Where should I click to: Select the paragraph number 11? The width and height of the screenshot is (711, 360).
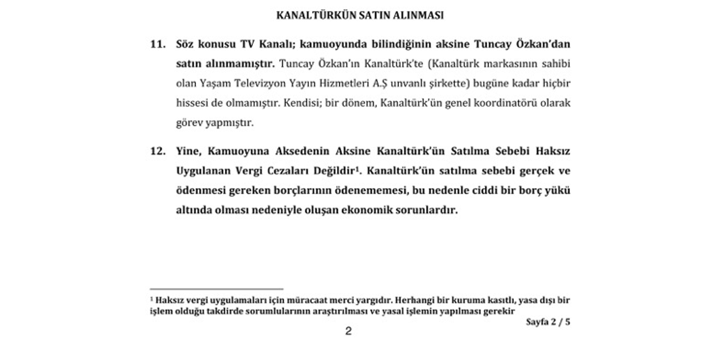click(x=158, y=44)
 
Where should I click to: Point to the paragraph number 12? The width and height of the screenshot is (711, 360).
click(x=158, y=151)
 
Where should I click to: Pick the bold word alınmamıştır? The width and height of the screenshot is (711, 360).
click(x=240, y=64)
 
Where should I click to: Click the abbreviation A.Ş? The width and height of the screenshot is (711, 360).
click(x=380, y=84)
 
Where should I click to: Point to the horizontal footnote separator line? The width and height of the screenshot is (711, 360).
click(x=217, y=289)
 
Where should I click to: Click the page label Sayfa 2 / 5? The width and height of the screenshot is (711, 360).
click(x=548, y=322)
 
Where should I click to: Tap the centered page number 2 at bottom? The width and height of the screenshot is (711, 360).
click(x=348, y=331)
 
